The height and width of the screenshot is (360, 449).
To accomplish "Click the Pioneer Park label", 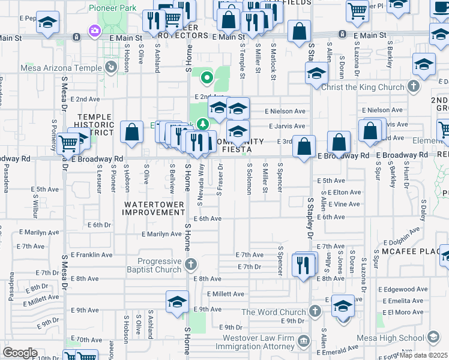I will point(113,8).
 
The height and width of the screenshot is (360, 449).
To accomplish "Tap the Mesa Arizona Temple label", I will point(70,68).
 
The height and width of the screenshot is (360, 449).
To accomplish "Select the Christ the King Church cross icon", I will point(413,87).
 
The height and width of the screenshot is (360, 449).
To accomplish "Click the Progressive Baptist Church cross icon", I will point(190,264).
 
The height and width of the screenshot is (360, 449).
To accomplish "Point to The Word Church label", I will point(274,312).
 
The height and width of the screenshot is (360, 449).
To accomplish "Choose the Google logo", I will point(20,353).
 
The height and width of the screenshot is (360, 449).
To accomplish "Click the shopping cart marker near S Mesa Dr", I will point(69,144).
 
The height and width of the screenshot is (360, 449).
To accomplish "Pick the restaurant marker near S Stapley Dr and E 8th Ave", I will point(304,265).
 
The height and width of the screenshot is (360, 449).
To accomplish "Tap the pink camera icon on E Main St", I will point(94,31).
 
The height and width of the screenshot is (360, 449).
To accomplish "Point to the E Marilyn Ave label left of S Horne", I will point(161,234).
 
